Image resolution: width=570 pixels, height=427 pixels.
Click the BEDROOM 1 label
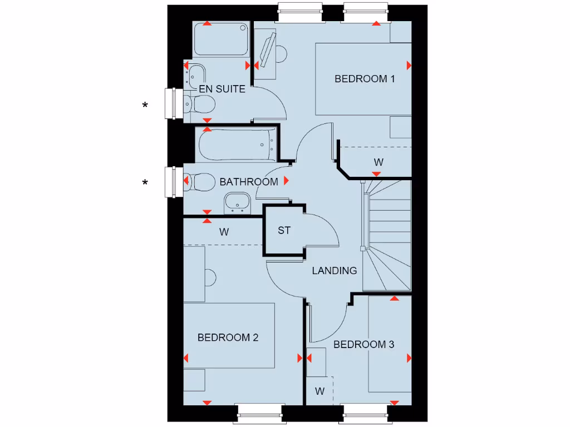(365, 79)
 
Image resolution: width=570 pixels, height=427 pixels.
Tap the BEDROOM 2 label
(228, 337)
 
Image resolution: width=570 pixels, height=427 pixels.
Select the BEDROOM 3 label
(363, 345)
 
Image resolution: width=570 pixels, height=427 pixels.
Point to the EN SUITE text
(222, 89)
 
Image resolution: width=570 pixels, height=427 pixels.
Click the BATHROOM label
(248, 182)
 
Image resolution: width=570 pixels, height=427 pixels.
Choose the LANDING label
(334, 271)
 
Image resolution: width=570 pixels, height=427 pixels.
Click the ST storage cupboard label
(284, 230)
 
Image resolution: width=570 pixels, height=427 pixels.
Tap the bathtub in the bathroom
(236, 143)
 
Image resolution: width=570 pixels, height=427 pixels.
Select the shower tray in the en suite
(221, 39)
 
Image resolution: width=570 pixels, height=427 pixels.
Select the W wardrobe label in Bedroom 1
(379, 162)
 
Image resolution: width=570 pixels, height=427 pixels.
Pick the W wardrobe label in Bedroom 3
(320, 391)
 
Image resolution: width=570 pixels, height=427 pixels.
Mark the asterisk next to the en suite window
(145, 105)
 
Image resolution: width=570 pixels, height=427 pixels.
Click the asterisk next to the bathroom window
(145, 182)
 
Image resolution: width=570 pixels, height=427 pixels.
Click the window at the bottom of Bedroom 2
(258, 412)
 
